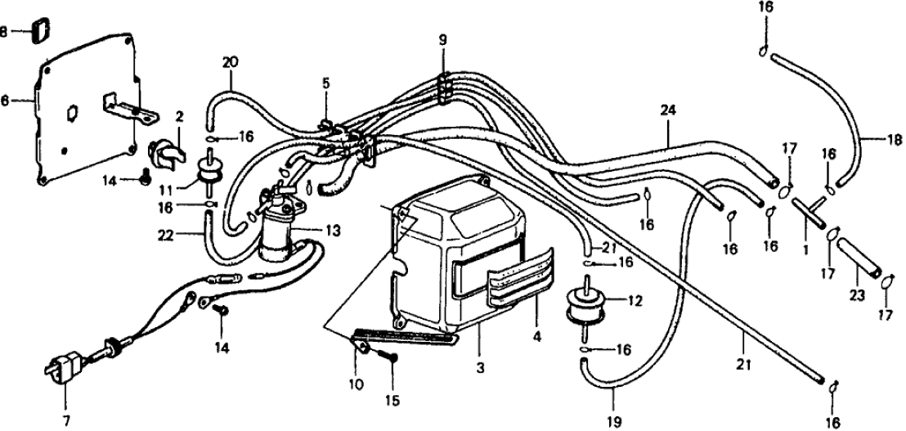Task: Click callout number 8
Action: click(7, 32)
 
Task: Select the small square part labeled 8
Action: click(39, 31)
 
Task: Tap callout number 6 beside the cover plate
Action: click(7, 101)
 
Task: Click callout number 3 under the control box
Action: click(480, 369)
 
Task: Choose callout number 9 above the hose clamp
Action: click(442, 39)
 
